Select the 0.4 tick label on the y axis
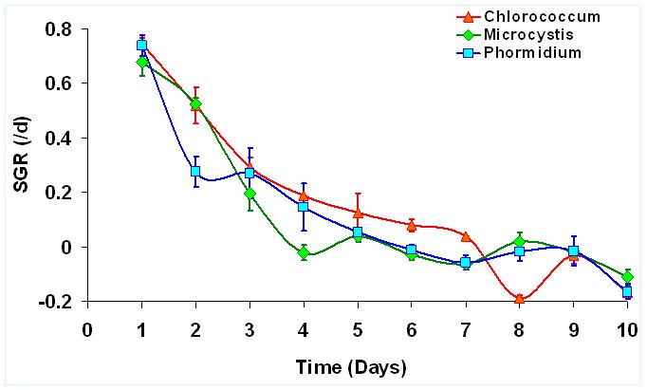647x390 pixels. pyautogui.click(x=59, y=138)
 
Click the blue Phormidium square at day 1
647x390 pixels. pyautogui.click(x=141, y=45)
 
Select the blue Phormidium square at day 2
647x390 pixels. pyautogui.click(x=195, y=172)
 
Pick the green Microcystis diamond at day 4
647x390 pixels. pyautogui.click(x=304, y=252)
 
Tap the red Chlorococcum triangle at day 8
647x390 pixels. pyautogui.click(x=520, y=299)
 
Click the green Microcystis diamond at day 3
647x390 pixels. pyautogui.click(x=250, y=194)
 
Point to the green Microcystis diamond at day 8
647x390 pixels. pyautogui.click(x=520, y=241)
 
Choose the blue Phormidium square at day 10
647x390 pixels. pyautogui.click(x=627, y=291)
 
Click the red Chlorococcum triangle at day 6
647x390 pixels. pyautogui.click(x=412, y=226)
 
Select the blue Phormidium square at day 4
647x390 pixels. pyautogui.click(x=304, y=206)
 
